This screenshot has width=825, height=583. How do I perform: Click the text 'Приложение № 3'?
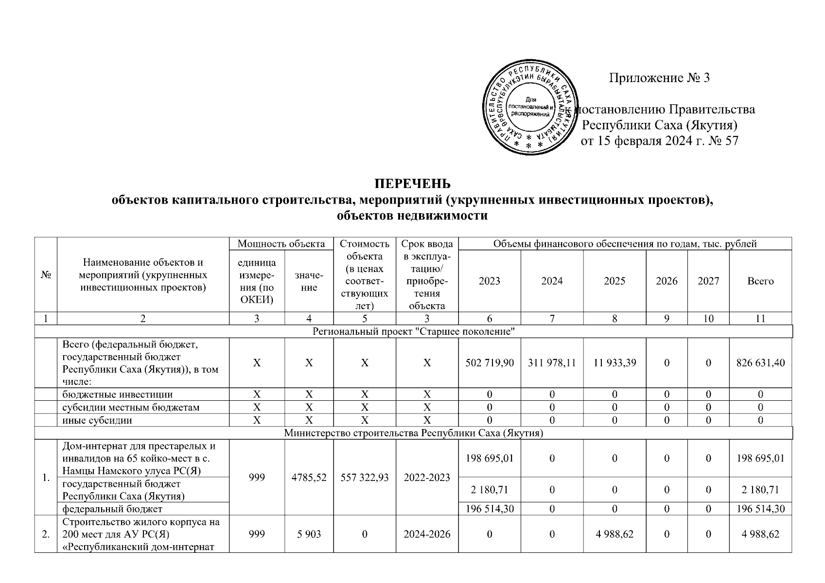(659, 78)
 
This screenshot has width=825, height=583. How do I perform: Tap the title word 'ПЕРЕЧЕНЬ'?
(412, 184)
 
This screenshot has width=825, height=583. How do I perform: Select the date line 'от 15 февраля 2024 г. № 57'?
(659, 141)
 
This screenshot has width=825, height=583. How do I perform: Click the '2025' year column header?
(614, 281)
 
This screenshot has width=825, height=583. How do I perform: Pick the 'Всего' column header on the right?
(760, 281)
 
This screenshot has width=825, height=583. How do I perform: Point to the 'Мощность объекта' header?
(281, 244)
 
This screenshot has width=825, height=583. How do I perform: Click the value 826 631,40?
(760, 363)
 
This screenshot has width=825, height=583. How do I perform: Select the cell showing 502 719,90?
(489, 363)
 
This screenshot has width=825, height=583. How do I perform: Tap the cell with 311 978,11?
(552, 363)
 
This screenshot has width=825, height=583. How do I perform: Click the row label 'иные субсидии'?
(97, 420)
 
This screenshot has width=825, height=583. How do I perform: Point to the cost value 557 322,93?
(365, 478)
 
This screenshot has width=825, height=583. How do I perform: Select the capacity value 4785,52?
(309, 478)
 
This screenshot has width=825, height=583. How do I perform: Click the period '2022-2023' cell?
(427, 478)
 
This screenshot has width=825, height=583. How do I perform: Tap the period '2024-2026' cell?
(427, 534)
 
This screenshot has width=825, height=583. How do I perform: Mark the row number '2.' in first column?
(46, 534)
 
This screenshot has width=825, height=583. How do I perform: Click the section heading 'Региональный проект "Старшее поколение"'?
(413, 332)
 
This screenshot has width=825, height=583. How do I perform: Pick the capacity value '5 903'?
(309, 534)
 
